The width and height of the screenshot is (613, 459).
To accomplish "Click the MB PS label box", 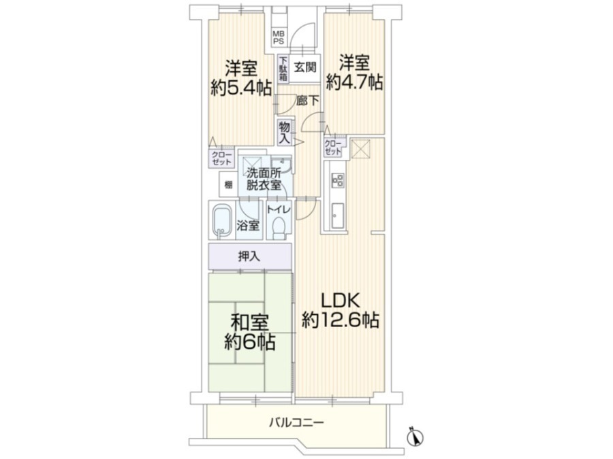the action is pos(279,37).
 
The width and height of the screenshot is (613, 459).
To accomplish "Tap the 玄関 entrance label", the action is pos(305,67).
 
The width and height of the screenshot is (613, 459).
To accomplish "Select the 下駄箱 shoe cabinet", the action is pos(283,69).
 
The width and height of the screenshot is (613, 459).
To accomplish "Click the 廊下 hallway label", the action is pos(307,101).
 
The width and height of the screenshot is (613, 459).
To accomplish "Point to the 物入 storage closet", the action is pos(284,133).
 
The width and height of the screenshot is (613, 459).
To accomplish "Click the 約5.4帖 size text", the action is pos(241,88).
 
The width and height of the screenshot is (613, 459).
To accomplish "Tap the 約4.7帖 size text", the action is pos(354,82).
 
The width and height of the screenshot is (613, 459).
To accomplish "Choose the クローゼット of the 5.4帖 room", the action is pos(221,158).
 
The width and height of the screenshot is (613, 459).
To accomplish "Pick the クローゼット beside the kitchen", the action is pos(333,148).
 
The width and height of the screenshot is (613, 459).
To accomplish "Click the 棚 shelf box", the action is pos(228,184).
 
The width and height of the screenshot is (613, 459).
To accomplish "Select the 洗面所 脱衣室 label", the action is pos(264,179).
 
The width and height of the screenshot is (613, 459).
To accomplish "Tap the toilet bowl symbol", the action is pos(279,228).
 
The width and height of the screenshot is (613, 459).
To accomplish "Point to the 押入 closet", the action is pos(250,256).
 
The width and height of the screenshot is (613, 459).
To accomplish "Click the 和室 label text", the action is pos(249,323).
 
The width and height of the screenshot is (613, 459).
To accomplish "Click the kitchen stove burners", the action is pos(337,180).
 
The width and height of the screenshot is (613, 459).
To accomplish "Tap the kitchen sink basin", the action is pos(337,216).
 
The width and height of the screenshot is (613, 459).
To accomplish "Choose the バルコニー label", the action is pos(297,422).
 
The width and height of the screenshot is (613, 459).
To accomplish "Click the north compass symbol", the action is pos(415,436).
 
